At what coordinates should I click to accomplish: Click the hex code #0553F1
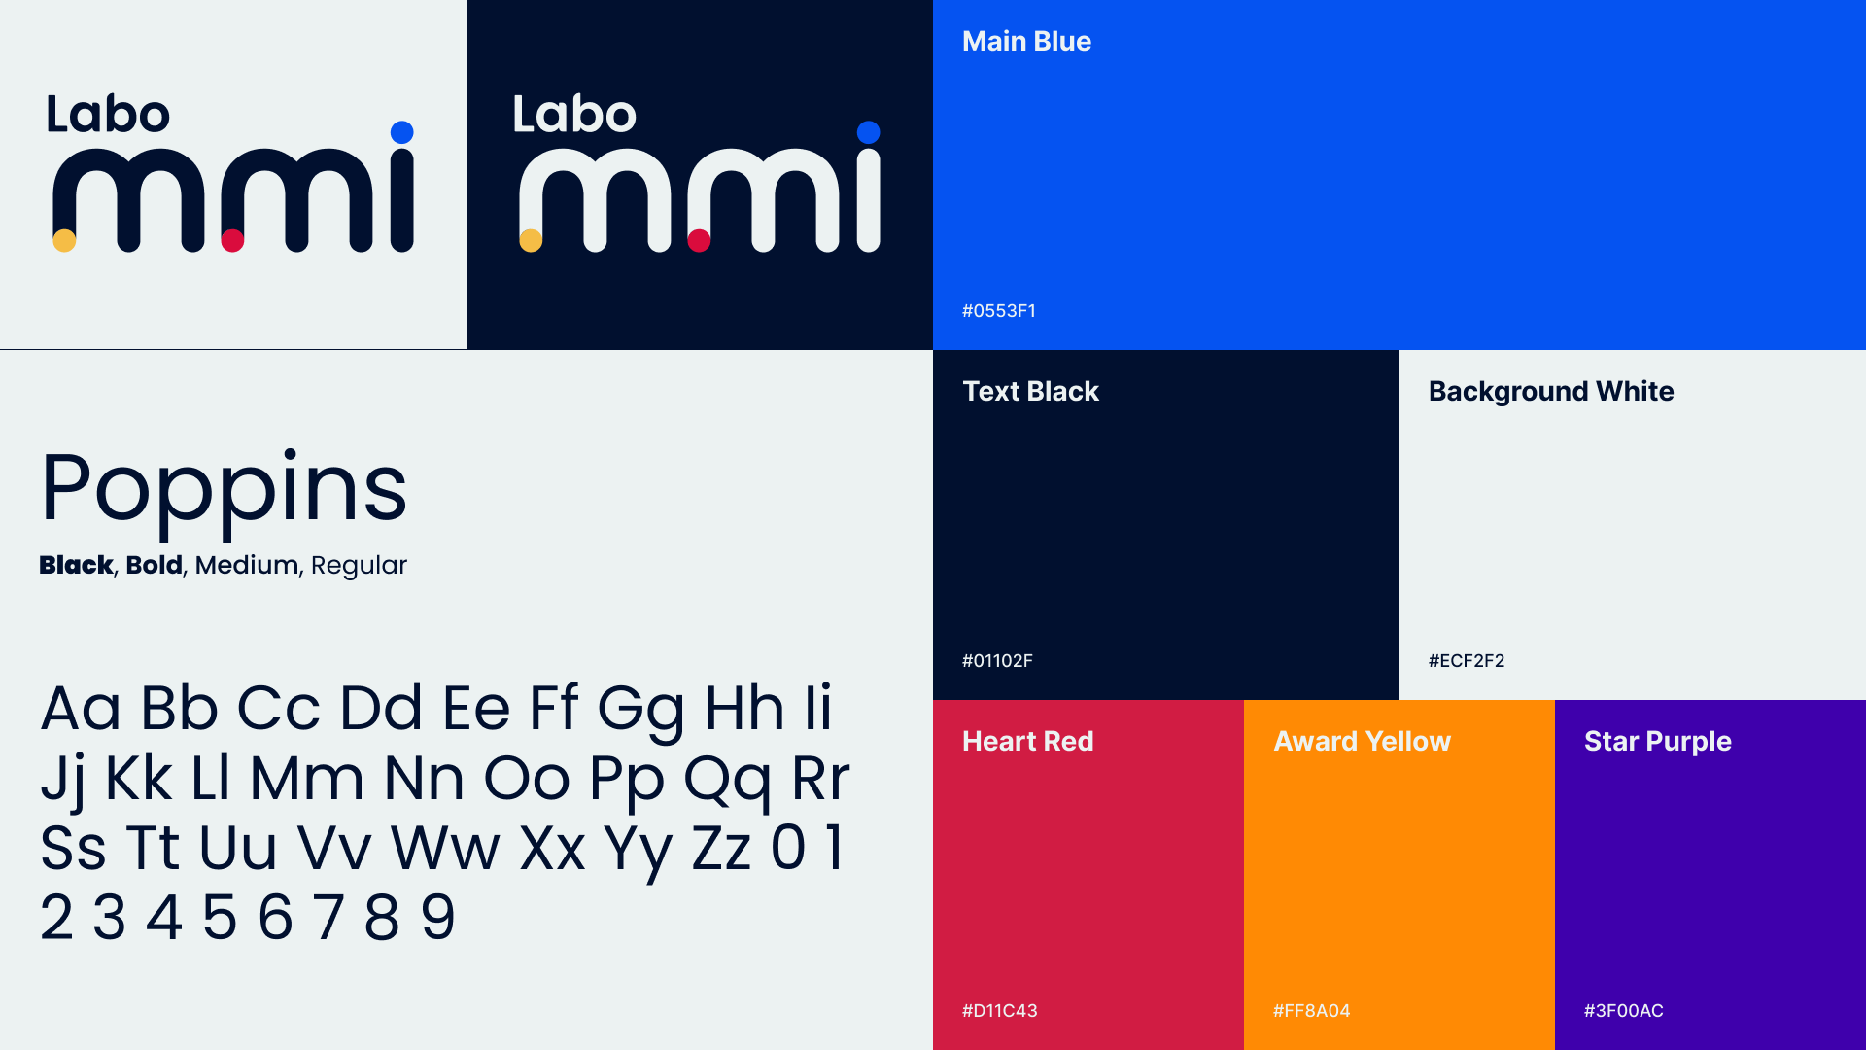pos(999,311)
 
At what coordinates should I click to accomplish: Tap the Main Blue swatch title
pos(1026,41)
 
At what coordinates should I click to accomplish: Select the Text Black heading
pos(1030,391)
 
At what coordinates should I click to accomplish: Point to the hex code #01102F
pos(997,661)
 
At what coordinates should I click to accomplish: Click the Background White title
pos(1551,392)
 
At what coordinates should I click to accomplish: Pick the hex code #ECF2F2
pos(1467,661)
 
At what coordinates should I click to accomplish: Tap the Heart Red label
pos(1028,741)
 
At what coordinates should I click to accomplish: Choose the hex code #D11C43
pos(1000,1011)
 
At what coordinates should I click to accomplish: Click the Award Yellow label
pos(1362,741)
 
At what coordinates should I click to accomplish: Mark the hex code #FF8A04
pos(1312,1011)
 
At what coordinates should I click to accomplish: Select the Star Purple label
pos(1658,742)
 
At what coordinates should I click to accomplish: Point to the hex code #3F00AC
pos(1624,1011)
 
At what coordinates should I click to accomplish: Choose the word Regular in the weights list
pos(359,566)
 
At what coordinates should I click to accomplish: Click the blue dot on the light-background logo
pos(402,132)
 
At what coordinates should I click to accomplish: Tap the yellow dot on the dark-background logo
pos(531,240)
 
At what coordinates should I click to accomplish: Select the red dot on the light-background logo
pos(232,240)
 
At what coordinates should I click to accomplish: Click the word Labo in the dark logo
pos(574,115)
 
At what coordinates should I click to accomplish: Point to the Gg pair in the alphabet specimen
pos(641,711)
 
